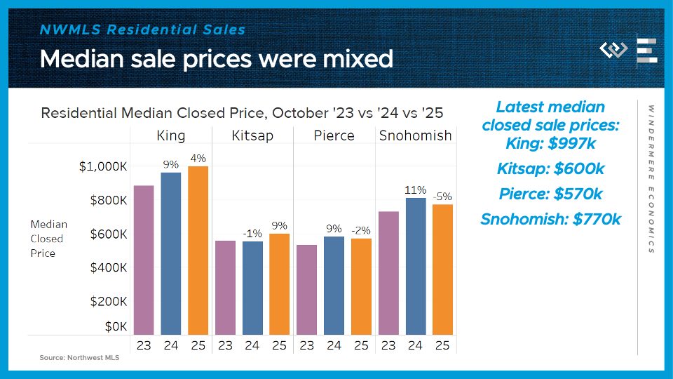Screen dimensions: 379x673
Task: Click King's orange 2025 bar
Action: (198, 250)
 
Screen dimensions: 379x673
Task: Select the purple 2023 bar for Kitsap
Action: (225, 287)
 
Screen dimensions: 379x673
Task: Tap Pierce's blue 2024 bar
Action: (334, 285)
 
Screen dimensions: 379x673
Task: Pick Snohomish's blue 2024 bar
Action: (416, 266)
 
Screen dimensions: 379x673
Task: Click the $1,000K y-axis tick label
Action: (103, 167)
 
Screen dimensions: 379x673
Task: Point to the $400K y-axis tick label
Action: (109, 267)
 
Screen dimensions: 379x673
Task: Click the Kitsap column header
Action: (252, 135)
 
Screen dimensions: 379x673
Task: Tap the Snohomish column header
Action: (415, 135)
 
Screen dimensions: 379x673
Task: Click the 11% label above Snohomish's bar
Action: (415, 190)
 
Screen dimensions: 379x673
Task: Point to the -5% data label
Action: (442, 197)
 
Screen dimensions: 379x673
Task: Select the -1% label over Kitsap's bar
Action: (252, 234)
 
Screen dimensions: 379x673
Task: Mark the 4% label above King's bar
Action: (198, 159)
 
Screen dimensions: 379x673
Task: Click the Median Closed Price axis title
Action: (48, 239)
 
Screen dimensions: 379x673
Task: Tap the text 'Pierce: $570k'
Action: (550, 194)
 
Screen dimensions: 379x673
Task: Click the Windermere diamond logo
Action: (613, 50)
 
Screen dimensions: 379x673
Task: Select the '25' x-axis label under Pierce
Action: (361, 345)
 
